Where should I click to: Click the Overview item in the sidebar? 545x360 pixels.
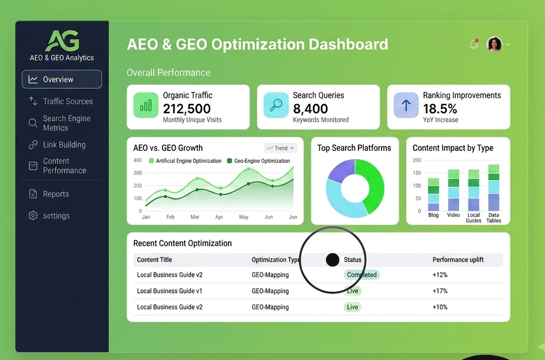tap(62, 79)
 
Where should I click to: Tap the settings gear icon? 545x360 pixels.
tap(33, 215)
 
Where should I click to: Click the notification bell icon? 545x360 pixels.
tap(474, 44)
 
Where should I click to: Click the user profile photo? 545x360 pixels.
tap(494, 44)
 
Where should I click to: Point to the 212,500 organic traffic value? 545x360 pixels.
tap(187, 109)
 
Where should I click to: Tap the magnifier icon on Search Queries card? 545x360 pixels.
tap(276, 105)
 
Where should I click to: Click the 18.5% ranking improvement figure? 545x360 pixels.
tap(440, 109)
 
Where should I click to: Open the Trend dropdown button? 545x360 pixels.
tap(281, 148)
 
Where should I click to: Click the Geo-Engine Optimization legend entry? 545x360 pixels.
tap(258, 161)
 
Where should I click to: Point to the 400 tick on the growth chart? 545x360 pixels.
tap(138, 160)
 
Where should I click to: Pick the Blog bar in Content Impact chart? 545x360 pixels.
tap(433, 194)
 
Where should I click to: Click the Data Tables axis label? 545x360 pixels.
tap(494, 218)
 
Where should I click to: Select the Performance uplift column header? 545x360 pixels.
tap(458, 260)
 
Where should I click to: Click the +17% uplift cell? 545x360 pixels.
tap(440, 291)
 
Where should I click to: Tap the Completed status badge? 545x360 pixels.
tap(362, 275)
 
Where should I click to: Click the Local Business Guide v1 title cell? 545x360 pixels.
tap(169, 291)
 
